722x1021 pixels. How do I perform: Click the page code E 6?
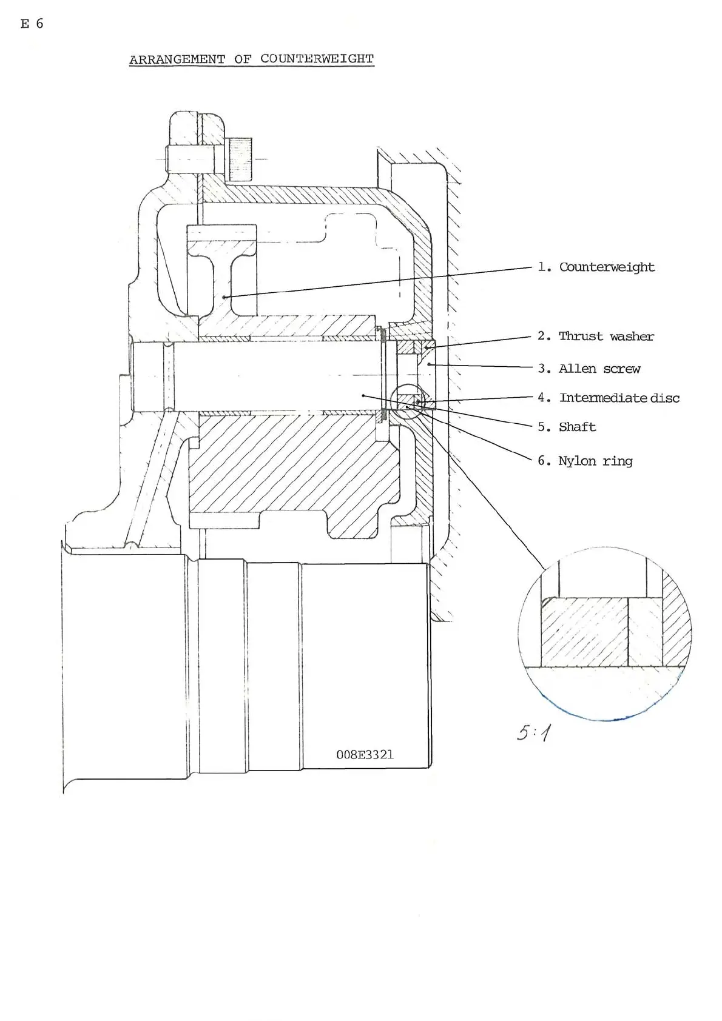click(32, 24)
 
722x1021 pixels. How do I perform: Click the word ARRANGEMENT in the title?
click(177, 59)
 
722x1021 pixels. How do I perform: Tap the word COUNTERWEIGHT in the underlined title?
click(317, 59)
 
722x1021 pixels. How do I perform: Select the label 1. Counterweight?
click(596, 267)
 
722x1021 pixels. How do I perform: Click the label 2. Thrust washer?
click(596, 336)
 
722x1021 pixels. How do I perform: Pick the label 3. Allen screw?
click(589, 368)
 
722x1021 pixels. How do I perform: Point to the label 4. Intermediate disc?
click(609, 398)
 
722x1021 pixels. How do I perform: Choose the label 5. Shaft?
click(567, 427)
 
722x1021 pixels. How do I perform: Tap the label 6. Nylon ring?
click(585, 461)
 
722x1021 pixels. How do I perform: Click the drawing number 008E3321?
click(365, 755)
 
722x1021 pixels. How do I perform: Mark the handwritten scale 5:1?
click(534, 733)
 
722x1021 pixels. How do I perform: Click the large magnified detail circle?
click(519, 634)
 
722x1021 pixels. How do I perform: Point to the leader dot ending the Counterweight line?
click(224, 298)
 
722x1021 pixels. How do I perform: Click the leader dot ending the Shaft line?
click(363, 396)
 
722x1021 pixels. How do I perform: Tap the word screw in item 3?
click(622, 369)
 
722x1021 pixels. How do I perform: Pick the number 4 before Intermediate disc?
click(541, 398)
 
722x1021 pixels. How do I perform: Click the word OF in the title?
click(243, 59)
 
